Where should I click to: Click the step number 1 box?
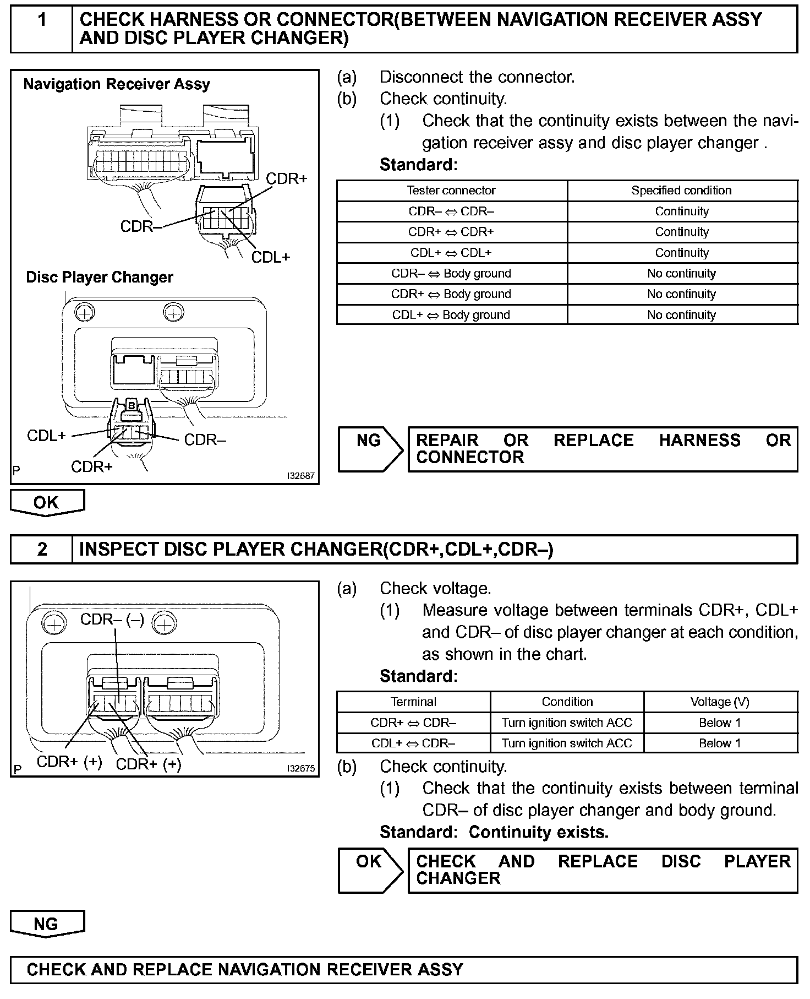(x=42, y=29)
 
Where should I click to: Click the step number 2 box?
(x=42, y=549)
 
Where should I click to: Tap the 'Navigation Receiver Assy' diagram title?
(x=117, y=84)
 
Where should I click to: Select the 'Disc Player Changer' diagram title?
(x=100, y=277)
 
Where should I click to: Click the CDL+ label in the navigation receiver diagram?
(x=270, y=257)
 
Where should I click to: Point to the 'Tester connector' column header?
(x=451, y=191)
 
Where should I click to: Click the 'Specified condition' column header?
(x=681, y=191)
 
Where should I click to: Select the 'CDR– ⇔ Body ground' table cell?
(x=451, y=274)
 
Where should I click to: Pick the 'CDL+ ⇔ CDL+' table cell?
(x=451, y=253)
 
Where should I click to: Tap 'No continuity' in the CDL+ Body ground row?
(x=681, y=315)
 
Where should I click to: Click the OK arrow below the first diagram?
(x=47, y=502)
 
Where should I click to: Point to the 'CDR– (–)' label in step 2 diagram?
(x=112, y=620)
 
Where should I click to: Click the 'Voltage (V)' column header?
(x=720, y=702)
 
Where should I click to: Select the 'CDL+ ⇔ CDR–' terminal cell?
(x=413, y=743)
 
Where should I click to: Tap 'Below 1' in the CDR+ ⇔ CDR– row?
(x=720, y=723)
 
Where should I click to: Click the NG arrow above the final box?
(x=47, y=924)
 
